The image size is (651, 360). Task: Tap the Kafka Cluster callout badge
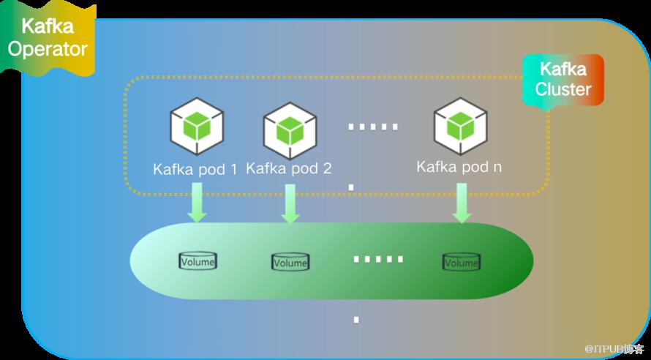tap(563, 80)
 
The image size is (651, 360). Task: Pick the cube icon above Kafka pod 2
tap(290, 131)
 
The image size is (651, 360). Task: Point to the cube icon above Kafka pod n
tap(460, 127)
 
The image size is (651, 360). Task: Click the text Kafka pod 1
tap(195, 170)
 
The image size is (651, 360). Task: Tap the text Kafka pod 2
tap(289, 168)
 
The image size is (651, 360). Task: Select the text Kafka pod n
tap(459, 167)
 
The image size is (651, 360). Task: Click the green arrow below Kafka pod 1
tap(197, 203)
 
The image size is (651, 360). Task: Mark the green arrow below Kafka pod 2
tap(290, 204)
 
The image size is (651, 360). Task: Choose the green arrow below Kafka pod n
tap(462, 203)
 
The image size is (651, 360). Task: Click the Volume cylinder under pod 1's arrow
tap(198, 261)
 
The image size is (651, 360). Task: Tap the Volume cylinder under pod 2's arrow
tap(290, 262)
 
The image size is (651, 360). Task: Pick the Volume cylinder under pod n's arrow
tap(461, 262)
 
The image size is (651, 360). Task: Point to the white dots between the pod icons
tap(373, 127)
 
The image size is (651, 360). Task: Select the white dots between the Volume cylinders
tap(378, 260)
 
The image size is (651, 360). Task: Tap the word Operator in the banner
tap(48, 48)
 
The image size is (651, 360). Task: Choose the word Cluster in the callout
tap(563, 89)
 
